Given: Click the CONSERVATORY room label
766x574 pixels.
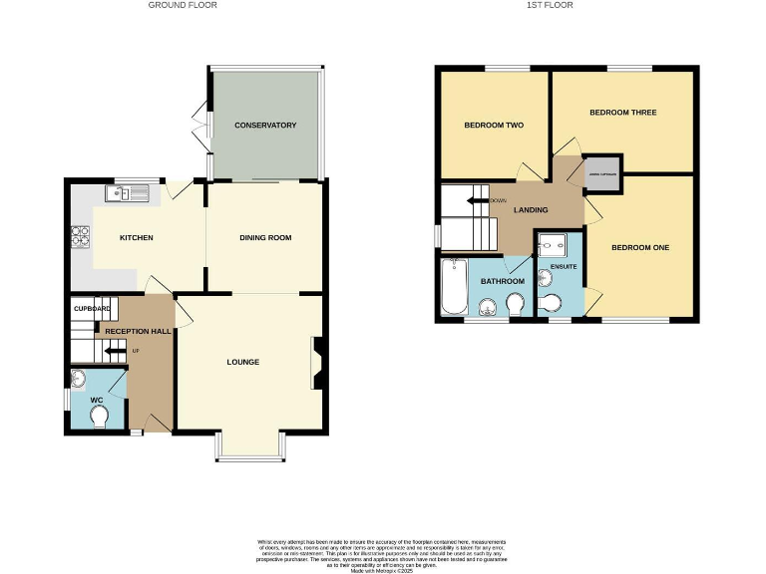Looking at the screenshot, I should click(x=265, y=126).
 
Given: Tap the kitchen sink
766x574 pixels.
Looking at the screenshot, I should click(x=131, y=193).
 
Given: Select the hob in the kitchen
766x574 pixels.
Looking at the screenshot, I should click(x=80, y=238).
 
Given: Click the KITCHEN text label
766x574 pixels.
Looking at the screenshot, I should click(x=136, y=238).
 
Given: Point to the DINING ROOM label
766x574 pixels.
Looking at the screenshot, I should click(x=265, y=238).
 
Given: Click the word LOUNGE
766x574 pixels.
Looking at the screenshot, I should click(x=242, y=362).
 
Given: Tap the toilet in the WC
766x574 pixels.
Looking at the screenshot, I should click(x=99, y=420).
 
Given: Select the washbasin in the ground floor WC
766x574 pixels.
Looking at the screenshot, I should click(x=79, y=380).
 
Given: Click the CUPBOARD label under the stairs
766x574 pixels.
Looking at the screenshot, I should click(x=92, y=309).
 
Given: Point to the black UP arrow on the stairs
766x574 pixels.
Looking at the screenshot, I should click(x=115, y=351).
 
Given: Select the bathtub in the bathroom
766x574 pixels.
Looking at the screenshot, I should click(x=454, y=288).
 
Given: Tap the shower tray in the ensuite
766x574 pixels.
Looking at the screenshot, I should click(x=550, y=245).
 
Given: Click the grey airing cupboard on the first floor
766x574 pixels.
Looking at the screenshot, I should click(x=602, y=173).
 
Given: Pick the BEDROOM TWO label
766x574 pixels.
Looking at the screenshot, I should click(x=494, y=126).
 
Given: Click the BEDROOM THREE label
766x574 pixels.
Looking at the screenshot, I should click(x=622, y=113).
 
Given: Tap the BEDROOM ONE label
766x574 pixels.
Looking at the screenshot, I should click(x=640, y=247).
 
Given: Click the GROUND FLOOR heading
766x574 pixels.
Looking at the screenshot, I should click(x=183, y=5).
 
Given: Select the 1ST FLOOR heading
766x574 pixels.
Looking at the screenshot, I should click(x=550, y=5).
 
